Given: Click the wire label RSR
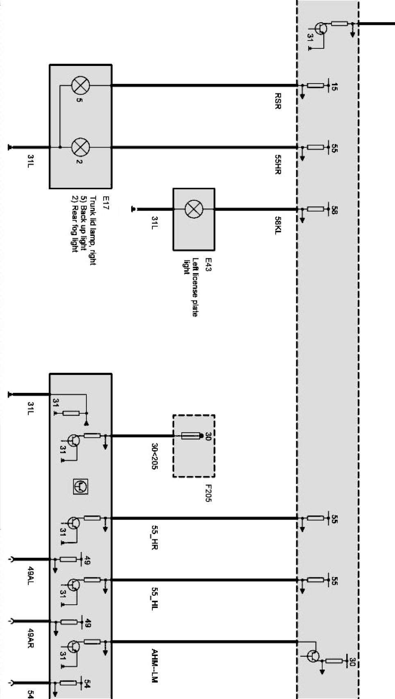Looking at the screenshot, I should pos(278,100).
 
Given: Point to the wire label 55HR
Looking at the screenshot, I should pos(278,164).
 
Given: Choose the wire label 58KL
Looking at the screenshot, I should pos(278,226).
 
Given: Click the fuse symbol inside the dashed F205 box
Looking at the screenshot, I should pos(191,436).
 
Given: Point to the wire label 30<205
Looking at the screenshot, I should pos(154,456).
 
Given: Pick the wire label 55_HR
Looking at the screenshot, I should pos(154,537).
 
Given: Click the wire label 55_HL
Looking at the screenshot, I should pos(154,599).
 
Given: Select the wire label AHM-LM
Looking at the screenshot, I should pos(154,666).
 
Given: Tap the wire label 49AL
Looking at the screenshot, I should pos(30,576).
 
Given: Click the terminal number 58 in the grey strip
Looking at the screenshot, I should pos(334,210).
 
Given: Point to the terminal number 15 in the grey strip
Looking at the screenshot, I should pos(334,87).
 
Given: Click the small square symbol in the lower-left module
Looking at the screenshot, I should pos(80,486).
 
